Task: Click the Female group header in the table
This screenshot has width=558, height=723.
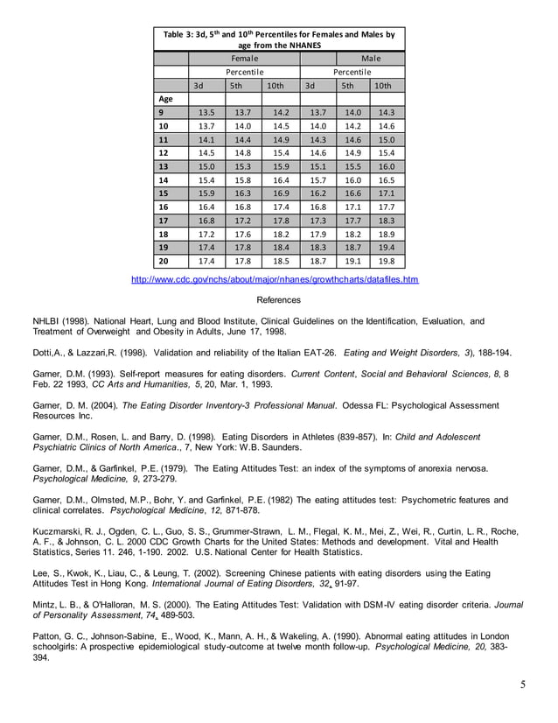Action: pos(244,58)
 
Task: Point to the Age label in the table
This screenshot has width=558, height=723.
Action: pos(166,99)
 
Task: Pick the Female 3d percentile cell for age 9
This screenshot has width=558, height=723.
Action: pos(207,113)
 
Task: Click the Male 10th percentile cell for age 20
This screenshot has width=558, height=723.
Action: pos(387,261)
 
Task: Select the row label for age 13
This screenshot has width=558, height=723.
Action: pos(164,166)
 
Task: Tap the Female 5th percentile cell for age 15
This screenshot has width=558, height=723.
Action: pos(243,193)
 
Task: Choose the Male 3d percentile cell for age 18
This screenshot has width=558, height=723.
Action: pos(318,234)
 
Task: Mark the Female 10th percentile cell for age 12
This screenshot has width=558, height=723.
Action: pos(281,153)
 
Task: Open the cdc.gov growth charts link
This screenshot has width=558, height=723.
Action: pos(275,280)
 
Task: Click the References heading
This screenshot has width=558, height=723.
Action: pos(278,300)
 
